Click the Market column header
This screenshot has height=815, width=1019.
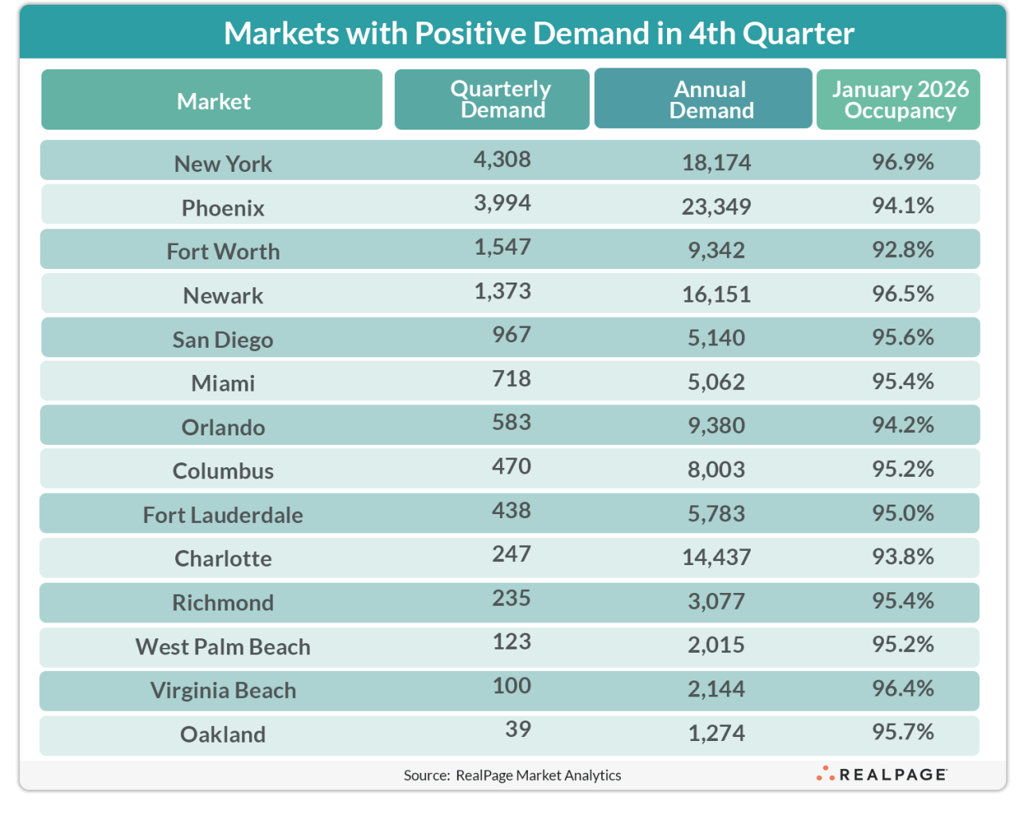tap(213, 101)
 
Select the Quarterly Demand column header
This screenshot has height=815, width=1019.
tap(501, 99)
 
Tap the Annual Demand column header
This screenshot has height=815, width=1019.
tap(711, 99)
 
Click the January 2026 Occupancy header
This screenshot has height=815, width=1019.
tap(900, 99)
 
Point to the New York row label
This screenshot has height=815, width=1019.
tap(223, 164)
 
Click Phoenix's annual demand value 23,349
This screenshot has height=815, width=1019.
tap(716, 207)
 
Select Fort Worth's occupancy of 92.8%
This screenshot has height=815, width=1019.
tap(902, 250)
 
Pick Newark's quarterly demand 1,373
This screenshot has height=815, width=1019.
tap(502, 291)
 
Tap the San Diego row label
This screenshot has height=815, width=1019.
tap(223, 340)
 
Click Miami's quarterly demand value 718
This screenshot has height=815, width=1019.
tap(511, 379)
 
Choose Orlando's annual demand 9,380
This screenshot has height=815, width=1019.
tap(716, 426)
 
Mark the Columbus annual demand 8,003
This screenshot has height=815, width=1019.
tap(716, 470)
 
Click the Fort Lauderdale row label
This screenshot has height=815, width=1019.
tap(223, 515)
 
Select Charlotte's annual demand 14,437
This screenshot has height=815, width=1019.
tap(716, 557)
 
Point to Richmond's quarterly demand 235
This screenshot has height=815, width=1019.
tap(511, 598)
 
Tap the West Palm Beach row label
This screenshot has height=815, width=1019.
tap(223, 647)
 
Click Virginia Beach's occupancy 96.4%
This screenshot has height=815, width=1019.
tap(902, 688)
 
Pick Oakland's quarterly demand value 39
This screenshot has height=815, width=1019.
tap(517, 729)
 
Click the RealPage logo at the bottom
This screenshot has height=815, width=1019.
tap(881, 774)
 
